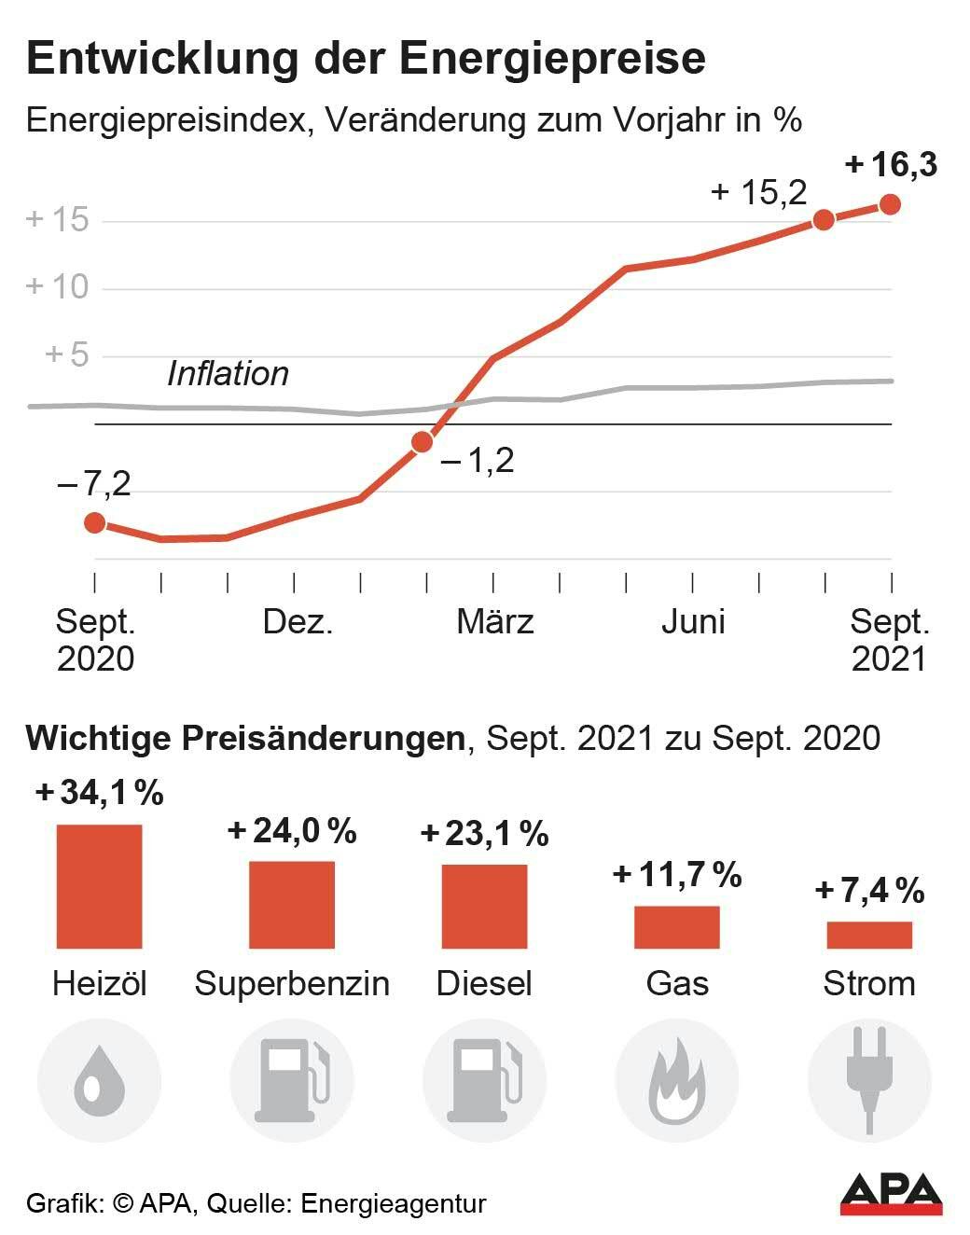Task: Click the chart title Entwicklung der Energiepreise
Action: click(x=366, y=59)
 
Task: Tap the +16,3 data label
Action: click(x=891, y=165)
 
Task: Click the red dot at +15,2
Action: click(x=824, y=220)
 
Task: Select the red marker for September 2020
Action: click(x=94, y=522)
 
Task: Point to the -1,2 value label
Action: click(x=478, y=461)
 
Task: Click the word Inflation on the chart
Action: click(x=228, y=374)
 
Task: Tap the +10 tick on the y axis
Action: click(x=58, y=286)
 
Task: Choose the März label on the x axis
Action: click(x=494, y=622)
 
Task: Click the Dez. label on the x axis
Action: click(x=298, y=622)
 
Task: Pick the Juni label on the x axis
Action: click(x=693, y=622)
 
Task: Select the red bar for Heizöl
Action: click(x=99, y=886)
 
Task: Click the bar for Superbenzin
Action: click(x=291, y=904)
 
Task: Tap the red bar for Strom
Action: click(x=869, y=935)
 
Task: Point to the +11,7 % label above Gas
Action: click(x=677, y=875)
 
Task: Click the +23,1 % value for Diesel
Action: click(x=484, y=834)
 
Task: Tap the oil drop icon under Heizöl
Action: click(x=99, y=1082)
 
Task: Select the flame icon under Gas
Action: click(x=677, y=1082)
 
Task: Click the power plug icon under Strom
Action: click(x=869, y=1082)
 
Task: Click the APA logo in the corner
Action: click(x=891, y=1194)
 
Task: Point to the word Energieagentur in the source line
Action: click(x=393, y=1203)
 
